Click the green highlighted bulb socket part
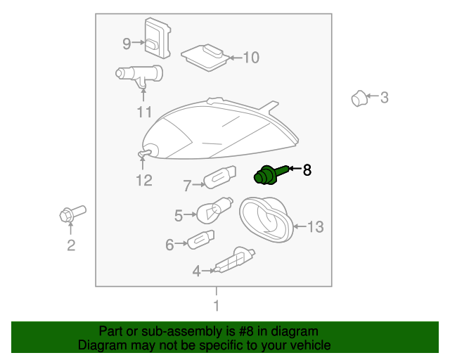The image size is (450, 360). tap(269, 174)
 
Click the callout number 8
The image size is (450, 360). tap(307, 170)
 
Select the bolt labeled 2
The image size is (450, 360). tap(72, 214)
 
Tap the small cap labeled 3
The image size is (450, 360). tap(359, 98)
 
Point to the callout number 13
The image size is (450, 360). tap(316, 227)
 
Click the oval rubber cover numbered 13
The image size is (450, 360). tap(266, 219)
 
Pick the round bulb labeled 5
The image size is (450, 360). tap(214, 210)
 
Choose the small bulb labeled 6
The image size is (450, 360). tap(200, 240)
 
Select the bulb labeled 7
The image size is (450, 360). tap(219, 177)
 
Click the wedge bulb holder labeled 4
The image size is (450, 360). tap(234, 261)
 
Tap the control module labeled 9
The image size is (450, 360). tap(157, 38)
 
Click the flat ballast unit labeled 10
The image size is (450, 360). tap(205, 58)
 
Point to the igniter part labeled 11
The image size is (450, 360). tap(139, 75)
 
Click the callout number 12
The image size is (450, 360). tap(143, 181)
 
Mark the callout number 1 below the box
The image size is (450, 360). tap(217, 306)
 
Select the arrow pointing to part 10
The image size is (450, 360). tap(236, 58)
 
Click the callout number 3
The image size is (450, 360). tap(385, 98)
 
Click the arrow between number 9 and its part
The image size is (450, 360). tap(139, 42)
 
